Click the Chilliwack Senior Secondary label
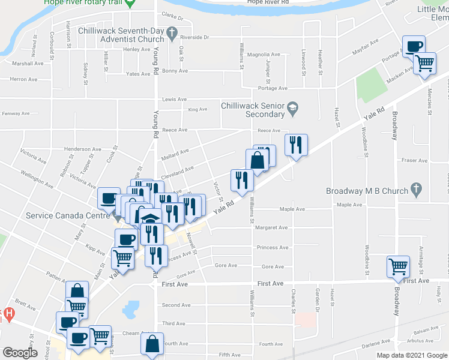click(x=252, y=109)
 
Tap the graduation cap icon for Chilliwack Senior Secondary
click(x=292, y=109)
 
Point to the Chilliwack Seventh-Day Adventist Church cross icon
click(x=172, y=31)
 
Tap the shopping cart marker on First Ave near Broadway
click(x=399, y=266)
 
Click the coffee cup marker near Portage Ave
click(x=415, y=47)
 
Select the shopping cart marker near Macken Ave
click(x=425, y=62)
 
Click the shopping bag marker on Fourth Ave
click(x=152, y=344)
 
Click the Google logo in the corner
click(x=20, y=353)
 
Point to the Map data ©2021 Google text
click(x=412, y=355)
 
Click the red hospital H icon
click(x=8, y=313)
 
